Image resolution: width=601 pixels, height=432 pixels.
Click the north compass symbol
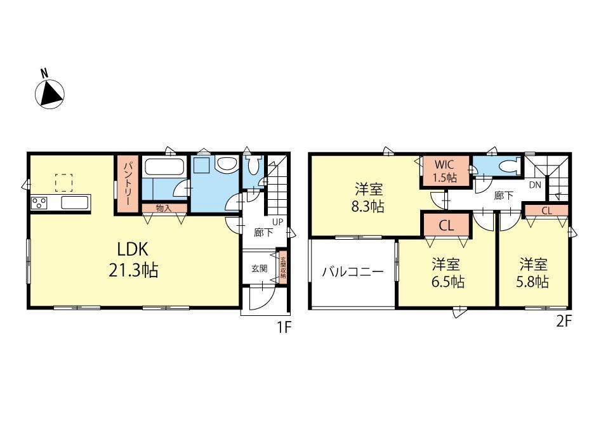[x=50, y=90]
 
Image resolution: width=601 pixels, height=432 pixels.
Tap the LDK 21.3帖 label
[x=133, y=260]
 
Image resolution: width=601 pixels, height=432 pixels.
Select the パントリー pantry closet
[x=128, y=184]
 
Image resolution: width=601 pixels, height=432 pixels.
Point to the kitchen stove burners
[x=39, y=202]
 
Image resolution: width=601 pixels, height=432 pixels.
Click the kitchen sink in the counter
[x=76, y=202]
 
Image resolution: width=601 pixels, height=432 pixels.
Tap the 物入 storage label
[x=164, y=208]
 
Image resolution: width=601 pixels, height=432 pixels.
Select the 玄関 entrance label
[x=259, y=268]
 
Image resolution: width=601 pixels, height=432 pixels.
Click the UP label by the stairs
[x=277, y=222]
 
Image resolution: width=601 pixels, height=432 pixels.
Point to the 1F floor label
[x=284, y=327]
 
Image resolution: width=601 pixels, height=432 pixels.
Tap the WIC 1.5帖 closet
[x=445, y=171]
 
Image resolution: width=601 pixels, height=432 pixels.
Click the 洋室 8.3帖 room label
[x=368, y=198]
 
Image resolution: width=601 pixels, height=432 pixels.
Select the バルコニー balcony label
[x=353, y=272]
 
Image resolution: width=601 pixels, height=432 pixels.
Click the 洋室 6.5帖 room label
[x=447, y=273]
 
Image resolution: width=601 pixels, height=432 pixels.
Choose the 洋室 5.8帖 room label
[x=532, y=273]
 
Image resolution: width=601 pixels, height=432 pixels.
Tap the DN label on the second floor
[x=535, y=185]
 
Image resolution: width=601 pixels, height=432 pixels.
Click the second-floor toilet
[x=510, y=166]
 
